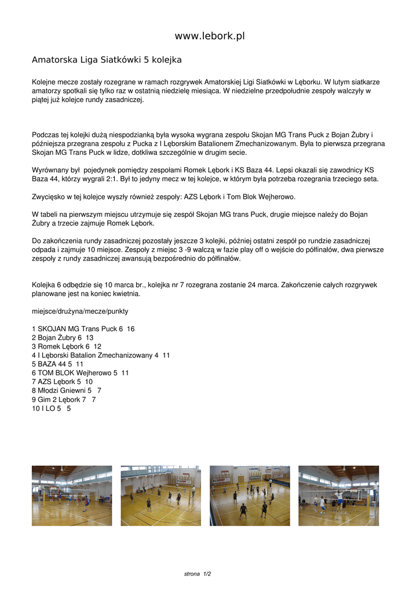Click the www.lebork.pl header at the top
(x=210, y=36)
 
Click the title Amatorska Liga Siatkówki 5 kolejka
(x=107, y=60)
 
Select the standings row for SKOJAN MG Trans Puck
(x=83, y=329)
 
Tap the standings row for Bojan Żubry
(x=63, y=338)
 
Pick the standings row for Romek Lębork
(x=67, y=346)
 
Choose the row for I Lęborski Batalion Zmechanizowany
(x=101, y=355)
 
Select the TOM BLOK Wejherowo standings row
(x=81, y=373)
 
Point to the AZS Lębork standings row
(x=62, y=382)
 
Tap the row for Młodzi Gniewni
(x=67, y=391)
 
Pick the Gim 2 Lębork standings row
(x=64, y=400)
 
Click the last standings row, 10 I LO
(x=52, y=408)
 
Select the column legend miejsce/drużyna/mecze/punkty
(x=80, y=311)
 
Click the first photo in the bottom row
(x=72, y=495)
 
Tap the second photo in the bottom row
(x=161, y=495)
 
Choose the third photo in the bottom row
(x=250, y=495)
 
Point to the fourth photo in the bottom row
(x=338, y=495)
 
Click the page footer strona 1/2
(x=198, y=574)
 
